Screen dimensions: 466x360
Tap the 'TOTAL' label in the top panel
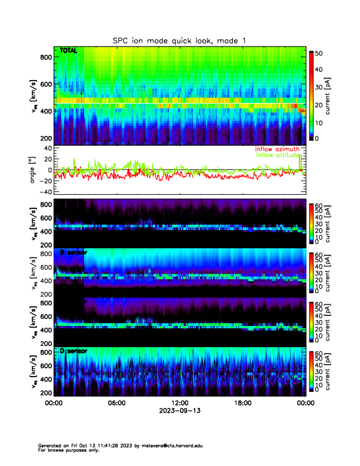point(69,51)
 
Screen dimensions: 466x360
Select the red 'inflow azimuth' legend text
point(279,149)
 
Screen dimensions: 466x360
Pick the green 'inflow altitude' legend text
point(279,155)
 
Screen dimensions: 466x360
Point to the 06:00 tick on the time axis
point(116,403)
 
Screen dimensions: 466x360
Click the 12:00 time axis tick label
point(179,403)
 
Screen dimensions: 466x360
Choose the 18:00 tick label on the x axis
point(242,403)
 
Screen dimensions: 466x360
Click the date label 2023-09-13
point(179,411)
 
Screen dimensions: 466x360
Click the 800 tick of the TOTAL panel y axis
point(45,56)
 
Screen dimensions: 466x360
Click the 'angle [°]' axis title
point(34,170)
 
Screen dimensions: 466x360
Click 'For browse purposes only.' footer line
point(66,450)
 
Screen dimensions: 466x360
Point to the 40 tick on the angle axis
point(46,148)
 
